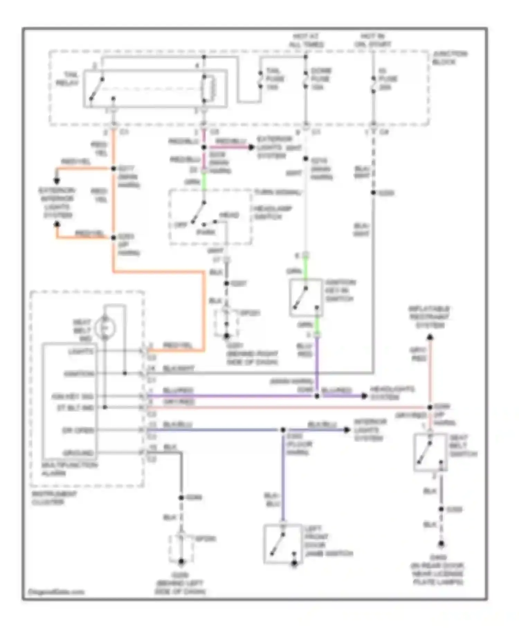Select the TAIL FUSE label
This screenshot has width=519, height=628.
275,79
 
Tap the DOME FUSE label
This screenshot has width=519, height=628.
321,79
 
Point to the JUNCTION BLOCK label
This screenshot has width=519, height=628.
449,58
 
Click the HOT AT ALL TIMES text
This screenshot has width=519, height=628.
306,41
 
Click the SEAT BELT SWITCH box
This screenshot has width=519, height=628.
430,452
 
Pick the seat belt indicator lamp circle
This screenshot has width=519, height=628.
105,327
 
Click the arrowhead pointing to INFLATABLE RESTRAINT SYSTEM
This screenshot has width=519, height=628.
430,337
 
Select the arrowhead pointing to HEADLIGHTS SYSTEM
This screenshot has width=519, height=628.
364,396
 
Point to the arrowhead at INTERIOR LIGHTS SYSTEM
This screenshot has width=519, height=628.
346,430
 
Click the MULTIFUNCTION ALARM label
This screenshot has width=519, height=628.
69,469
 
